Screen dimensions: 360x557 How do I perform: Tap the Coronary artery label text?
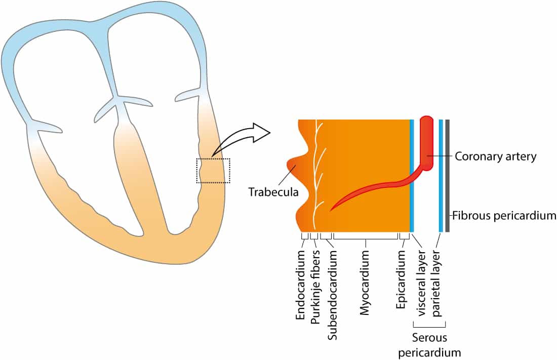(495, 156)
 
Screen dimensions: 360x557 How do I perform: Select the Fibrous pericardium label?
(504, 215)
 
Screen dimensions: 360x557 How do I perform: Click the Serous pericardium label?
(429, 345)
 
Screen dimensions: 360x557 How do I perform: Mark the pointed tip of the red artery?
(332, 210)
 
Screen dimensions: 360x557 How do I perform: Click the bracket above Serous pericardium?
(429, 326)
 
